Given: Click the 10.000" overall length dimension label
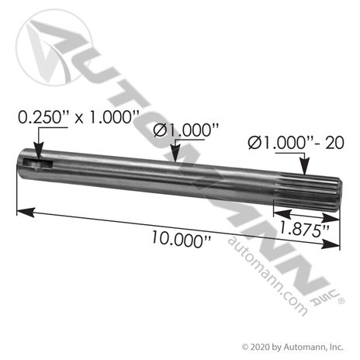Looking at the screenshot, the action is [x=181, y=239].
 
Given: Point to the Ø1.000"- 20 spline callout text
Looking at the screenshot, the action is [x=296, y=143].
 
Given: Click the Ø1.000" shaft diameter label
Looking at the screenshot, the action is [x=186, y=130].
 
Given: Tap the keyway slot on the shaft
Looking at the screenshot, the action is [x=38, y=164].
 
